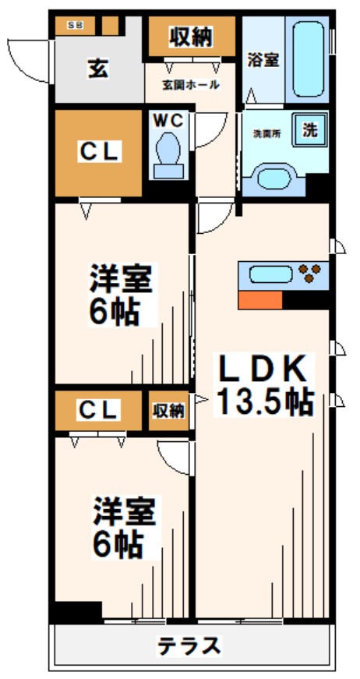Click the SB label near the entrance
pyautogui.click(x=76, y=26)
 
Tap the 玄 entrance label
pyautogui.click(x=97, y=68)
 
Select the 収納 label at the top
pyautogui.click(x=191, y=36)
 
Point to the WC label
pyautogui.click(x=168, y=121)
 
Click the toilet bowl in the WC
pyautogui.click(x=168, y=152)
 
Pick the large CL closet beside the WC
pyautogui.click(x=98, y=153)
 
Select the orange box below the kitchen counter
pyautogui.click(x=260, y=300)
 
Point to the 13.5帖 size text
pyautogui.click(x=264, y=401)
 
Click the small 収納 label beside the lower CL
pyautogui.click(x=169, y=409)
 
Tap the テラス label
pyautogui.click(x=189, y=645)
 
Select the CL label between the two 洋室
pyautogui.click(x=98, y=409)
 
